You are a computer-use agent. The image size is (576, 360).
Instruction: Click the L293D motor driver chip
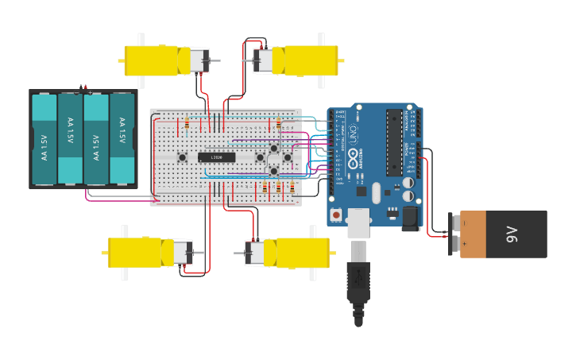216,157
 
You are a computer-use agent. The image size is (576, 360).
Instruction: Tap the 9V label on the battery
512,234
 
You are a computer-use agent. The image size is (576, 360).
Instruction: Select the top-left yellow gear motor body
151,60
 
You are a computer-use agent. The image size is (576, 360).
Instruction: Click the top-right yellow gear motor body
310,60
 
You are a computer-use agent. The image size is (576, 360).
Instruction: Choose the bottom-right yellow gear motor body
302,253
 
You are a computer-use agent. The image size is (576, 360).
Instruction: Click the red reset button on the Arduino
337,215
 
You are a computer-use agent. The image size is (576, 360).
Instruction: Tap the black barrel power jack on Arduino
409,218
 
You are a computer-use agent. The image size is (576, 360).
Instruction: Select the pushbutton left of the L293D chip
182,157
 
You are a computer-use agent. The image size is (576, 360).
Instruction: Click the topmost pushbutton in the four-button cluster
273,148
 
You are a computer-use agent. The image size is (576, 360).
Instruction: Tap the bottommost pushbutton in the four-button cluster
273,170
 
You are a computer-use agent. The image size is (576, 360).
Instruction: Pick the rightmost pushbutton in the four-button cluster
287,157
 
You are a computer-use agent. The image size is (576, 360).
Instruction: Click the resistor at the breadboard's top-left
187,123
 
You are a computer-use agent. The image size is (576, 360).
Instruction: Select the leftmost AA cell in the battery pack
44,139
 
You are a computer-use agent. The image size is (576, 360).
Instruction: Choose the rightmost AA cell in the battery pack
122,139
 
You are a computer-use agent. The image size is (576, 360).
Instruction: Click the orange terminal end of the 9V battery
472,234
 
